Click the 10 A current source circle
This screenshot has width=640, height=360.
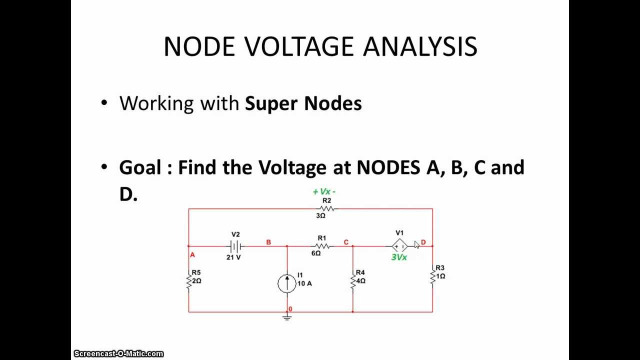[287, 283]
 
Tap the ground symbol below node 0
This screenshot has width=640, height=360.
[287, 317]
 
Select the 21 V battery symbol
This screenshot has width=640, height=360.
[235, 245]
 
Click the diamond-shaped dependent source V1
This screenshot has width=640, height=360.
[399, 246]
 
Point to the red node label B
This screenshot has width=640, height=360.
[268, 242]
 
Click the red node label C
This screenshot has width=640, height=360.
[346, 242]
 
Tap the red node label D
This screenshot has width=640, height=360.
[423, 242]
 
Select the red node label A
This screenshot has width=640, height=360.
[192, 255]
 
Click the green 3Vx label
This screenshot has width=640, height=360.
[399, 257]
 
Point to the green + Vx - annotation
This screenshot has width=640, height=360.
[324, 191]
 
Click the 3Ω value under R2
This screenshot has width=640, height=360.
[320, 215]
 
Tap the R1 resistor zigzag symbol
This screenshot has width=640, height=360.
[322, 246]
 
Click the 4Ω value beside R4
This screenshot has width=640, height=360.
[361, 281]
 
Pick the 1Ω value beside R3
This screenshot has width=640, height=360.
[440, 276]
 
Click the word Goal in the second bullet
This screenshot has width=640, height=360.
[140, 167]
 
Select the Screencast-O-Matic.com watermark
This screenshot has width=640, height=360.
[118, 353]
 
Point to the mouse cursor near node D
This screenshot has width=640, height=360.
[417, 245]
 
